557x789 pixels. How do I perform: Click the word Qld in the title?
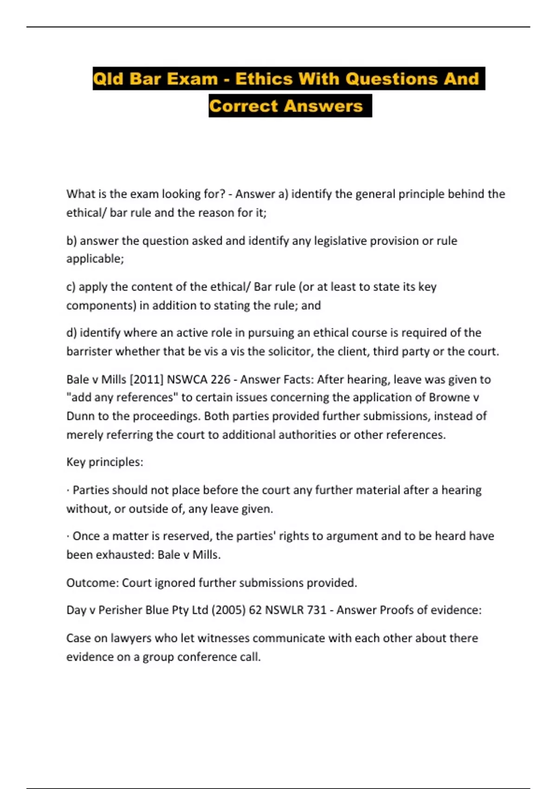(109, 78)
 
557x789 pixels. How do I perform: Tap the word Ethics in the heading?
(264, 78)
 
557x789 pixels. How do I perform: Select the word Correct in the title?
(243, 106)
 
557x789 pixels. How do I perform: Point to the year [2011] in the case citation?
(146, 379)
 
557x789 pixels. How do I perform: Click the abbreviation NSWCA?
(187, 379)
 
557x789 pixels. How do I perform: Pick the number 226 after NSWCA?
(220, 379)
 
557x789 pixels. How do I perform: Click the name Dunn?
(80, 416)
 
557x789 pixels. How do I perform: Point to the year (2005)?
(228, 610)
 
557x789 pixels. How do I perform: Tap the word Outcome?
(92, 582)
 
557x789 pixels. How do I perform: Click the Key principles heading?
(105, 462)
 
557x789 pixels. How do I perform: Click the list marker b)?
(71, 240)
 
